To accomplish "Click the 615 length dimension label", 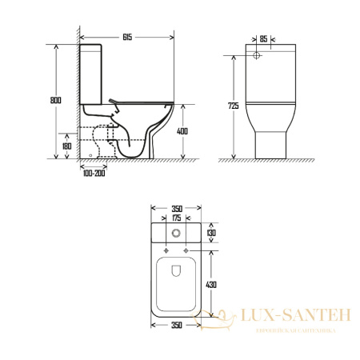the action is pyautogui.click(x=127, y=37).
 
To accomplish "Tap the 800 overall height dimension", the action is pyautogui.click(x=55, y=100).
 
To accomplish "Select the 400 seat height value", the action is pyautogui.click(x=182, y=131).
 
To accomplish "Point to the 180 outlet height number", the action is pyautogui.click(x=66, y=146).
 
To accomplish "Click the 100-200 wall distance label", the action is pyautogui.click(x=94, y=174).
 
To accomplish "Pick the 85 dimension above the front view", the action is pyautogui.click(x=263, y=39).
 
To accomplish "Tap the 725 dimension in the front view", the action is pyautogui.click(x=234, y=106).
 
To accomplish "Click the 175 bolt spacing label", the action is pyautogui.click(x=176, y=218).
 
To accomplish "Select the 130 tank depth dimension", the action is pyautogui.click(x=211, y=233).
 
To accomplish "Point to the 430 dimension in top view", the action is pyautogui.click(x=211, y=285).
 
